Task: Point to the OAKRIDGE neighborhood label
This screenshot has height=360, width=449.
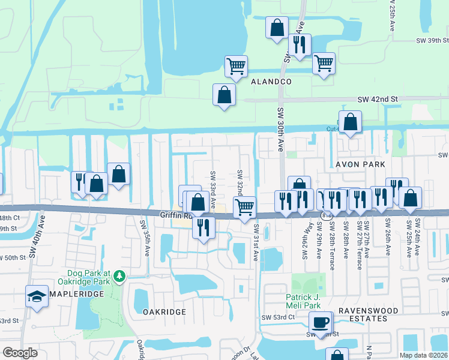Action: pos(164,312)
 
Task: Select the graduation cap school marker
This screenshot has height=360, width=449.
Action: pos(37,296)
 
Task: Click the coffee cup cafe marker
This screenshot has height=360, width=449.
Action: pos(320,322)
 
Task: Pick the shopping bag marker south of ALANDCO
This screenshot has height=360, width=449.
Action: pos(224,94)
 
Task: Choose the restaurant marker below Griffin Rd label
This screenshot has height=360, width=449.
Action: pos(203,227)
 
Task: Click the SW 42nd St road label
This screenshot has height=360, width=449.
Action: pos(378,99)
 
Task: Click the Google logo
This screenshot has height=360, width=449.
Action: pos(20,353)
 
